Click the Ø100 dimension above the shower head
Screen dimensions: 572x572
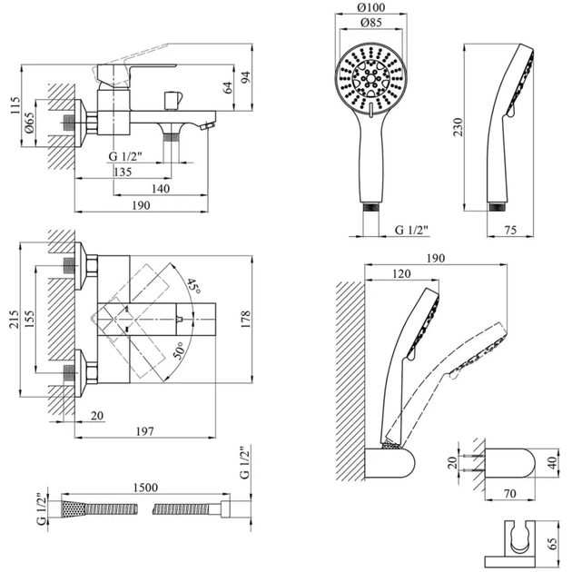370,9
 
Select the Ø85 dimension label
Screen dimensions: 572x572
370,26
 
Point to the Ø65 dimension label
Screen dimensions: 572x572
29,123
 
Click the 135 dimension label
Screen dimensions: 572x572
124,173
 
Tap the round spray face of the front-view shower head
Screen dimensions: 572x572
370,81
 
